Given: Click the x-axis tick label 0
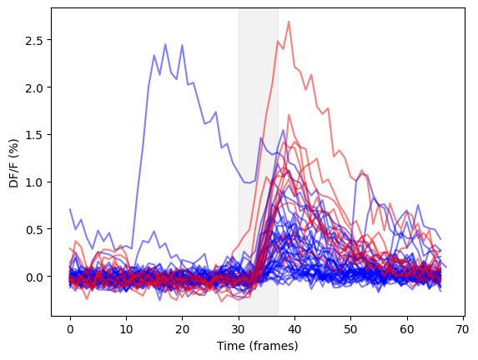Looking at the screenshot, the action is pyautogui.click(x=70, y=330).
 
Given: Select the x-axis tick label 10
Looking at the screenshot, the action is pyautogui.click(x=126, y=330).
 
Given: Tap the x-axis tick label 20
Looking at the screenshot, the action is pyautogui.click(x=183, y=330).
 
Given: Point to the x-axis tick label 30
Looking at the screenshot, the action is pyautogui.click(x=239, y=330).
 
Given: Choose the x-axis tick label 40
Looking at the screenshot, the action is pyautogui.click(x=294, y=330).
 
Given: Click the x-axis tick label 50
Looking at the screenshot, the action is pyautogui.click(x=350, y=330).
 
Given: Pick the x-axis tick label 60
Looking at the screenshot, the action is pyautogui.click(x=406, y=330).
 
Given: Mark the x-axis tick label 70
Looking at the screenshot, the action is pyautogui.click(x=463, y=330).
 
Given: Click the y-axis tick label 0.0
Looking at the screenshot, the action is pyautogui.click(x=34, y=277).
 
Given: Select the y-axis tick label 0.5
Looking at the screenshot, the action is pyautogui.click(x=34, y=229).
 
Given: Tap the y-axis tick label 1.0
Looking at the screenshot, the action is pyautogui.click(x=34, y=182).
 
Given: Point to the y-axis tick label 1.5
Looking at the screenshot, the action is pyautogui.click(x=34, y=135).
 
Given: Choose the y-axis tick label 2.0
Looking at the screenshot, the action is pyautogui.click(x=34, y=87).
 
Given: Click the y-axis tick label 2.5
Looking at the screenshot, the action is pyautogui.click(x=34, y=40).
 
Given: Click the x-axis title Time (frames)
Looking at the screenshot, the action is pyautogui.click(x=257, y=347).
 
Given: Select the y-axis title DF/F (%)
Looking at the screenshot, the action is pyautogui.click(x=13, y=163).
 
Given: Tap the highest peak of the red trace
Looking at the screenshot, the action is pyautogui.click(x=289, y=22).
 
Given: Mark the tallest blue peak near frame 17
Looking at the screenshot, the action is pyautogui.click(x=165, y=44).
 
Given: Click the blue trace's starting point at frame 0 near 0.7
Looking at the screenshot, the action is pyautogui.click(x=70, y=209).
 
